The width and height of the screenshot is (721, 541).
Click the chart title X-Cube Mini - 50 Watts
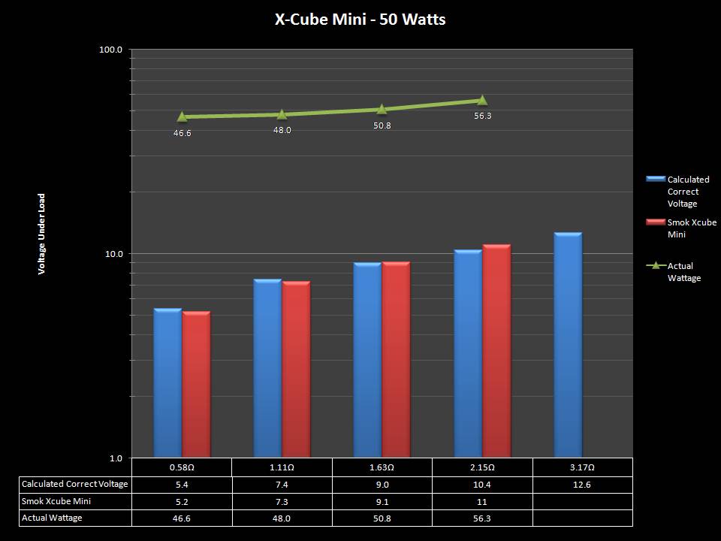(360, 20)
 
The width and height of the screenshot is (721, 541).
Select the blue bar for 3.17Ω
(568, 346)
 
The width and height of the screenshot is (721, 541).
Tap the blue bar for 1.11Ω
(267, 368)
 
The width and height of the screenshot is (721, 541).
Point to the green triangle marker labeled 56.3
(482, 101)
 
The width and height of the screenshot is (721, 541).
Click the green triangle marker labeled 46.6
(183, 116)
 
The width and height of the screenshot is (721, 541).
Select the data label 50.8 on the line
(382, 125)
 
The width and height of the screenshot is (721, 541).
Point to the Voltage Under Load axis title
(42, 234)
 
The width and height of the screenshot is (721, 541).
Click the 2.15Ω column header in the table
(482, 467)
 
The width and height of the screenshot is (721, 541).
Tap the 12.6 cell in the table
(582, 485)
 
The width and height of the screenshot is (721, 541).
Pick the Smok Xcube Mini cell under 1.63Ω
(382, 501)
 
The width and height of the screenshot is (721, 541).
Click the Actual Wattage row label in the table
(53, 518)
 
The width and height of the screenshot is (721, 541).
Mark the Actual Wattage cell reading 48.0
(282, 518)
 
